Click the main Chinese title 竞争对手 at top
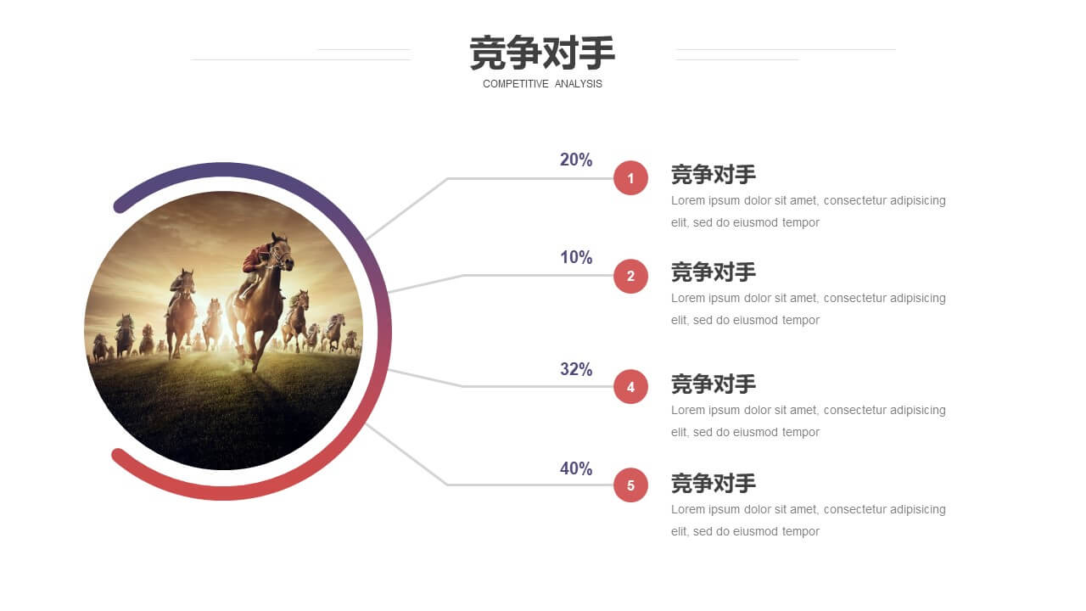pos(542,53)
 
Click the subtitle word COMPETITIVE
pos(515,84)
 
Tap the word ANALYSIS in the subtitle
pos(579,84)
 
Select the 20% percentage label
pos(576,160)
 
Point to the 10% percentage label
pos(576,257)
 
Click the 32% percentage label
pos(576,369)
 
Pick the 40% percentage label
pos(576,468)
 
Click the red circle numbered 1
pos(630,178)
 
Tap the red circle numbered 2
pos(630,276)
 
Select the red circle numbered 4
pos(630,386)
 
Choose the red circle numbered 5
pos(630,485)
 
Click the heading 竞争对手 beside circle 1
pos(714,175)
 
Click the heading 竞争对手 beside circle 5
pos(714,484)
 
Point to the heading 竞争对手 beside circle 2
pos(714,272)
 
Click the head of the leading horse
pos(283,251)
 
